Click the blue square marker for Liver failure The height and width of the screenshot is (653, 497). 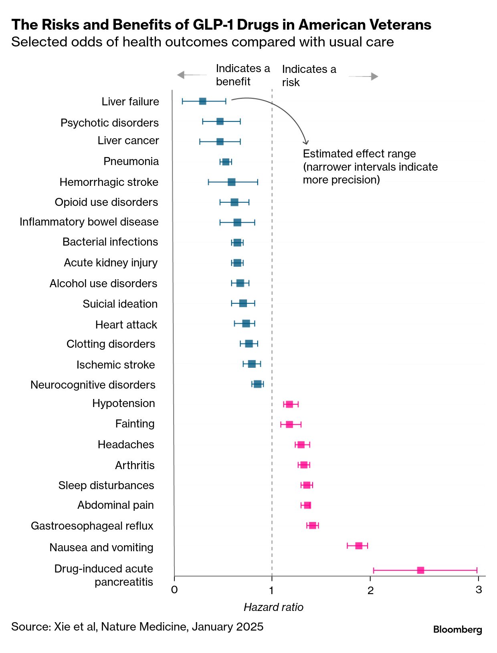[x=202, y=101]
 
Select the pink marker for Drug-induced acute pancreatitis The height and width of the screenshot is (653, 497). [x=420, y=570]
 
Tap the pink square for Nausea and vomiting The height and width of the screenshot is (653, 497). [x=359, y=546]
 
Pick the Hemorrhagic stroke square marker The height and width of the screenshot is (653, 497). [x=231, y=182]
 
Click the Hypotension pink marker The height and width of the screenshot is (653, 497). [x=289, y=404]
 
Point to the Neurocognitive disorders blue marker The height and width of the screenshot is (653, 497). [x=257, y=384]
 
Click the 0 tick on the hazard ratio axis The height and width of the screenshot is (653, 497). [x=174, y=590]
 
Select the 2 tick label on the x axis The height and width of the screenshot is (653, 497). [x=370, y=590]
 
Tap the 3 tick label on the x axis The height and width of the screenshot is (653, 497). [x=479, y=590]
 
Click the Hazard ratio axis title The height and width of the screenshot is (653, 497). [x=273, y=607]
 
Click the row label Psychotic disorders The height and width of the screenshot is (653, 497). [x=109, y=123]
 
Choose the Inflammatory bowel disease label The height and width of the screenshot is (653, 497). [x=89, y=222]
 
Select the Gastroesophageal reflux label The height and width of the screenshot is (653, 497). [x=92, y=526]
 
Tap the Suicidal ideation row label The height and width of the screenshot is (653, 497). [x=120, y=304]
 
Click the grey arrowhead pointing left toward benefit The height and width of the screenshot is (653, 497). [x=181, y=75]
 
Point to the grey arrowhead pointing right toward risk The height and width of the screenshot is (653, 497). [x=374, y=77]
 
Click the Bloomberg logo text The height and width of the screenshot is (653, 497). [x=457, y=629]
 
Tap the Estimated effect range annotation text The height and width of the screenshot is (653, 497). [x=359, y=154]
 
